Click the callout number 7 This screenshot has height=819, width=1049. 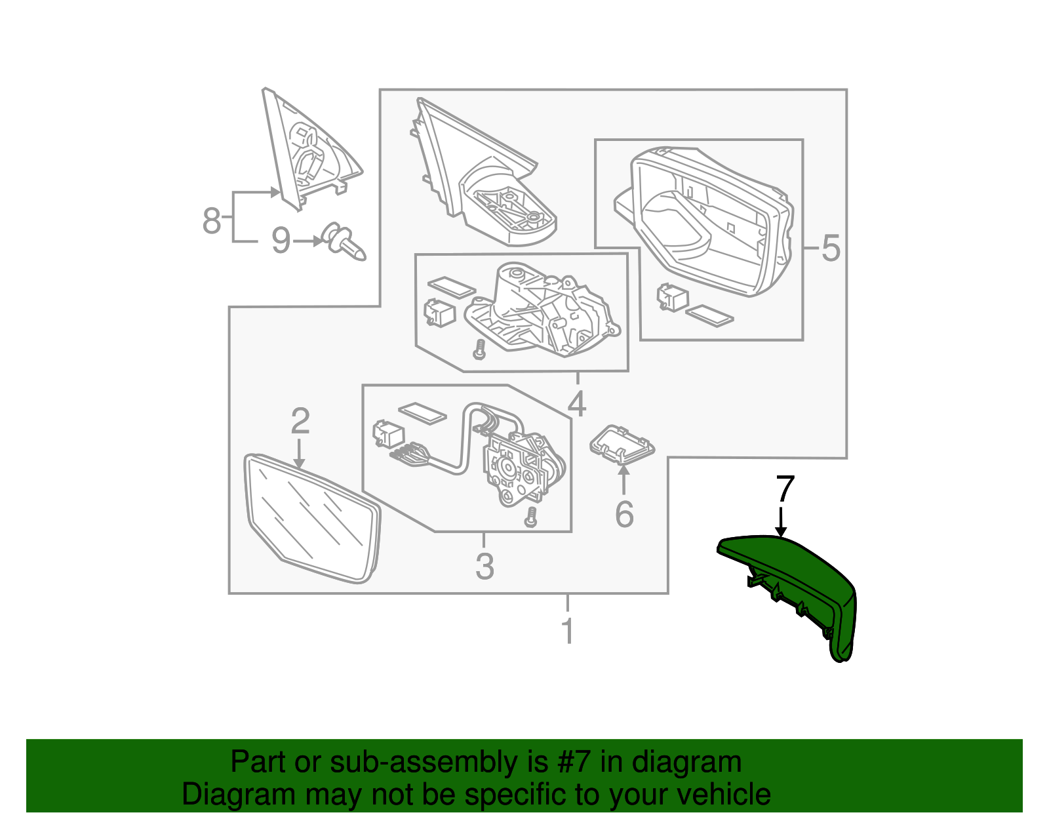(x=785, y=489)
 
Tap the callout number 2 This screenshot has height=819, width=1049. (x=300, y=421)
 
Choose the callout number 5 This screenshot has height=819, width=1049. (x=831, y=249)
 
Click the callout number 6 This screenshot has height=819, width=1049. (x=624, y=514)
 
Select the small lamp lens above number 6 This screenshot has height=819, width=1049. (x=622, y=445)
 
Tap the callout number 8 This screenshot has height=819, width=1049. (x=212, y=220)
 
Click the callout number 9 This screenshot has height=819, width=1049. (x=281, y=241)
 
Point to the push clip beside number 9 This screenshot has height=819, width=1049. (x=344, y=241)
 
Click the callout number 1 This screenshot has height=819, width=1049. (x=568, y=630)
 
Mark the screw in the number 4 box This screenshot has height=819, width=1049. (x=479, y=349)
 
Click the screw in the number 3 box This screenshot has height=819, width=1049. (x=530, y=517)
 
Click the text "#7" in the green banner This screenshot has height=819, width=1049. (x=572, y=762)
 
